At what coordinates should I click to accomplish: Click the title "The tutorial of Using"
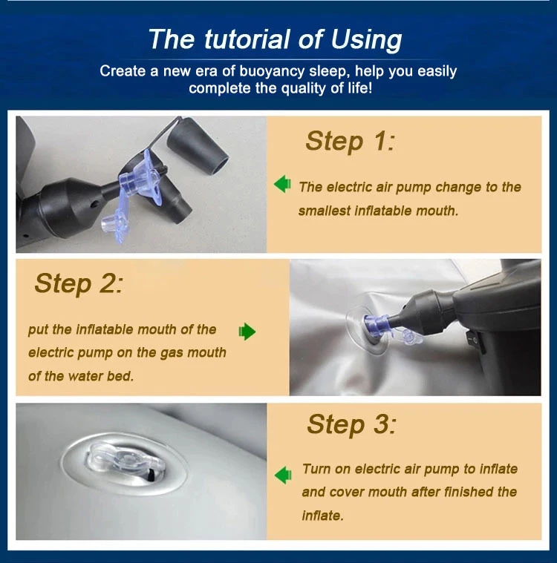(x=275, y=39)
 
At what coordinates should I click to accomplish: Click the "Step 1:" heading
(x=350, y=141)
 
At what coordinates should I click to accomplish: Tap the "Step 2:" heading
(x=79, y=283)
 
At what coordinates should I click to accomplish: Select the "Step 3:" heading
(x=351, y=424)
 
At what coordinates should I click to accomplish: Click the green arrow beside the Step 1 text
(x=283, y=184)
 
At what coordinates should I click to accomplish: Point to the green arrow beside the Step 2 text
(x=247, y=331)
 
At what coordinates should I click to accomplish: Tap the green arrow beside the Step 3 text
(x=283, y=475)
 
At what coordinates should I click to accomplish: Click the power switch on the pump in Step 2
(x=475, y=339)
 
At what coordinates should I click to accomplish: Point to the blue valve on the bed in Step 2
(x=377, y=325)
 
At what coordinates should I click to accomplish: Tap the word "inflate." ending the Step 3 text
(x=323, y=516)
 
